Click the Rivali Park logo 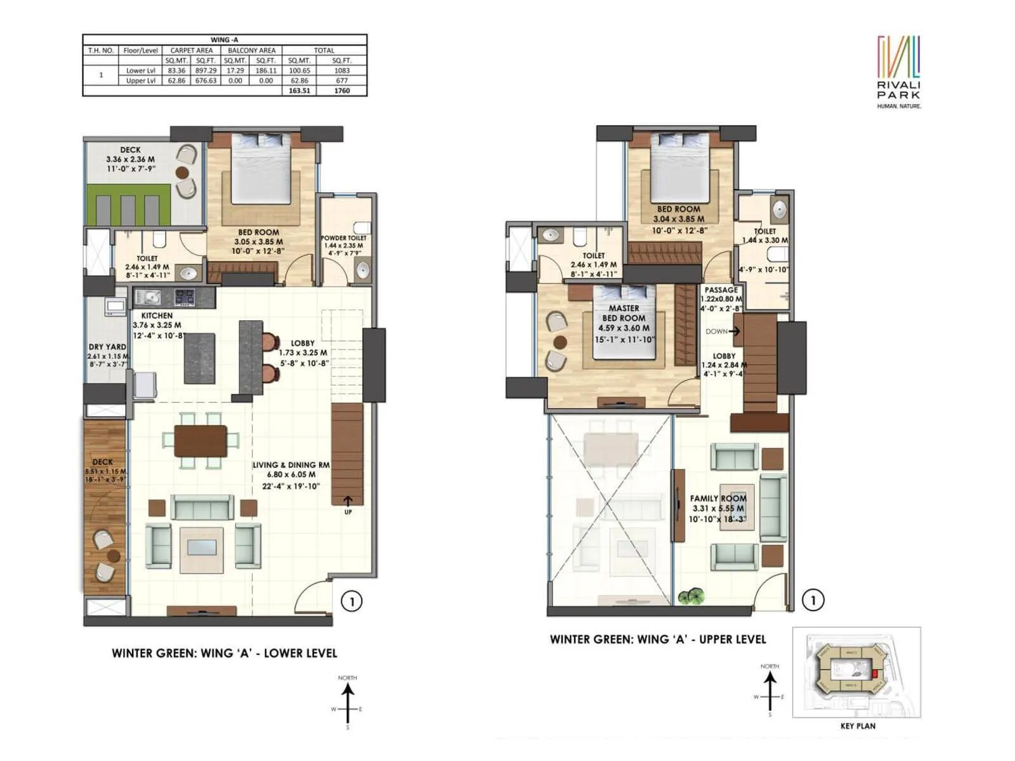898,71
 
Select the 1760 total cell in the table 342,91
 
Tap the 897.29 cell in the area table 206,70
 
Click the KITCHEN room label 157,315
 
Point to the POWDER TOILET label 343,238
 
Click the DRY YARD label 107,347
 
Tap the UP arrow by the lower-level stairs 348,503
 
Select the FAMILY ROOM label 718,498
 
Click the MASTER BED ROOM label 624,313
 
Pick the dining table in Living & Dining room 200,440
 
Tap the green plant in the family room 691,597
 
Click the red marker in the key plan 876,673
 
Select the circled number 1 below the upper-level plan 813,599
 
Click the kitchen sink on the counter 150,296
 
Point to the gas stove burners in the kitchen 185,296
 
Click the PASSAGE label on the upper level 721,290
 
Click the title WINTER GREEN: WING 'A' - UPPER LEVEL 658,639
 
